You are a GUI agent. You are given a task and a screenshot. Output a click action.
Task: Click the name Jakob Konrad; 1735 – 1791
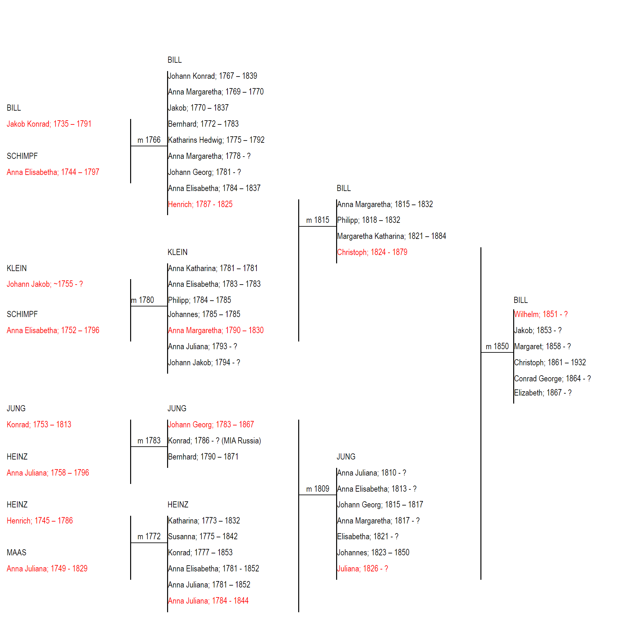(49, 124)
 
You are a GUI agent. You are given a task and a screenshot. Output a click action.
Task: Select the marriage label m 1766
(149, 140)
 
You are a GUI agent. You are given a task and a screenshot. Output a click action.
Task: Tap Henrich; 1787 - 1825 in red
(200, 204)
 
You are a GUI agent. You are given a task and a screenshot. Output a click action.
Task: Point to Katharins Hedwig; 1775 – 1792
(216, 140)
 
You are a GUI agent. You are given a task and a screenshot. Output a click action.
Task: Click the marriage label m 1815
(317, 220)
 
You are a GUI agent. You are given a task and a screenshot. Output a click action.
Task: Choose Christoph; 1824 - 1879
(372, 252)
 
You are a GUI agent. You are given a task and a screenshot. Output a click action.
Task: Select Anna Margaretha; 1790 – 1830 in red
(216, 330)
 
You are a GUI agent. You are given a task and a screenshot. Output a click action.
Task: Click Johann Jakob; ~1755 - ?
(45, 284)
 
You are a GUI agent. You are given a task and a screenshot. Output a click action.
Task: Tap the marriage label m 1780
(142, 300)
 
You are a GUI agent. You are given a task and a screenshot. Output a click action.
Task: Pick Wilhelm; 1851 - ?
(541, 314)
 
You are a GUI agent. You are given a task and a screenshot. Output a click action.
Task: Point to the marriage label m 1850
(497, 346)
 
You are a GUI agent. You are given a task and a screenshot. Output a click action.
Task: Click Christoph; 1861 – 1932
(550, 362)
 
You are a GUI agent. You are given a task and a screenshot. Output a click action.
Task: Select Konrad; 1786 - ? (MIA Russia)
(214, 441)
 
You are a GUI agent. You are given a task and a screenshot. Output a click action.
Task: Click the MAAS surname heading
(16, 552)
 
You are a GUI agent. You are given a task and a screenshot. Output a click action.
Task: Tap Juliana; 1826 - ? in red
(362, 569)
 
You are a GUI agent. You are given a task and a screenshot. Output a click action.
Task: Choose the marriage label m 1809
(317, 489)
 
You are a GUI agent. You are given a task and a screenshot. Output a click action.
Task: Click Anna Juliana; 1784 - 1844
(208, 601)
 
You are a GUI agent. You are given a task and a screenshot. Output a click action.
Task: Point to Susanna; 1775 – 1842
(203, 536)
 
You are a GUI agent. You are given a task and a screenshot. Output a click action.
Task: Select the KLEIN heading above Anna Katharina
(177, 252)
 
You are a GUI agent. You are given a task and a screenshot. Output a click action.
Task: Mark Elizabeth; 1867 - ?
(543, 393)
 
